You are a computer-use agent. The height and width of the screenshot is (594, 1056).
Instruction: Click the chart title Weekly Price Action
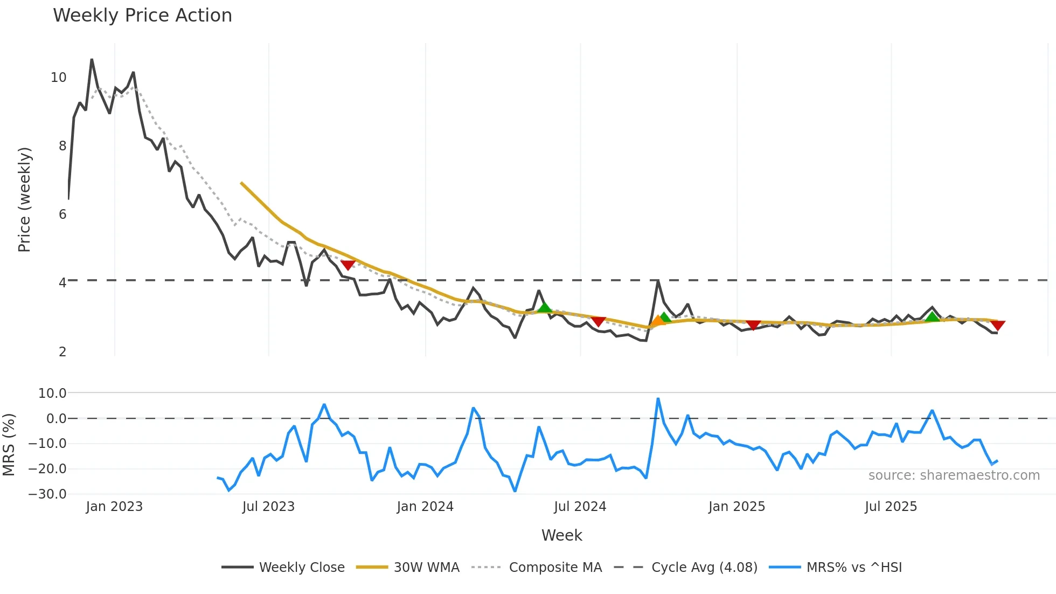coord(142,16)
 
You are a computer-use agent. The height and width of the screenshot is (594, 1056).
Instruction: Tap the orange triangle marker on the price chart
coord(657,322)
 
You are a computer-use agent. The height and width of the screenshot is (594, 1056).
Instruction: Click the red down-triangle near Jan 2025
coord(753,324)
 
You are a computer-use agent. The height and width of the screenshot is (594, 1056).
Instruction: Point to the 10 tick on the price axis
coord(59,78)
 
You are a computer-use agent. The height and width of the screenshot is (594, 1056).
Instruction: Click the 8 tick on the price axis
coord(62,146)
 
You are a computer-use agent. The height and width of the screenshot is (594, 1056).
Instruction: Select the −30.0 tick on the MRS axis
coord(47,494)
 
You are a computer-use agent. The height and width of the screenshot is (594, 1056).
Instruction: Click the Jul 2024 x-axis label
coord(580,507)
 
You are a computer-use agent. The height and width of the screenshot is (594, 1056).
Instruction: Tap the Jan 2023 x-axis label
coord(114,507)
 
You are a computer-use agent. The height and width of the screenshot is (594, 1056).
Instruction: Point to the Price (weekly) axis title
coord(24,199)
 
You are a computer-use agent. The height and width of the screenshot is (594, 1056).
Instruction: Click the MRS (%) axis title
coord(9,444)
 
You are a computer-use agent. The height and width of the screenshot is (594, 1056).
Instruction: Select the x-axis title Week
coord(561,535)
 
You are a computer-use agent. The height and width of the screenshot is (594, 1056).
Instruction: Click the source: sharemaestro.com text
coord(954,475)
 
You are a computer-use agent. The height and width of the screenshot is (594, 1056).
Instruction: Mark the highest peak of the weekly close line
coord(92,60)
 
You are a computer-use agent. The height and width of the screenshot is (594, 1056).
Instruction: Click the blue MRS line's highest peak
coord(658,399)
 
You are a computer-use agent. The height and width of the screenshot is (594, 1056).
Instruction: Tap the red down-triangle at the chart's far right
coord(997,325)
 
